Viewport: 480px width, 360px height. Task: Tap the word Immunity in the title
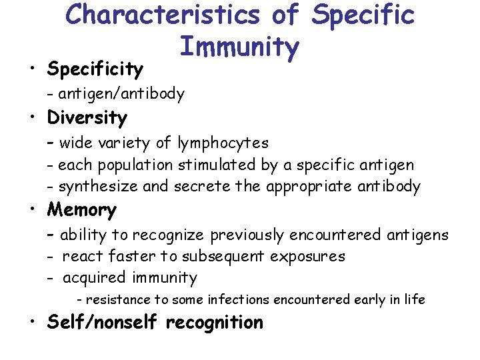(239, 47)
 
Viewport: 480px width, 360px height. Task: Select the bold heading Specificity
(95, 69)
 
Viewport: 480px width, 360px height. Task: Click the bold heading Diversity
(87, 118)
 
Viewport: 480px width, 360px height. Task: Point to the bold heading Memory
(81, 210)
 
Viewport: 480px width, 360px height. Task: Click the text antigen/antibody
(121, 94)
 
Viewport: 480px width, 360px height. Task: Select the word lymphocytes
(223, 143)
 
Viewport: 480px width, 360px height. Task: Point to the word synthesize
(95, 187)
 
